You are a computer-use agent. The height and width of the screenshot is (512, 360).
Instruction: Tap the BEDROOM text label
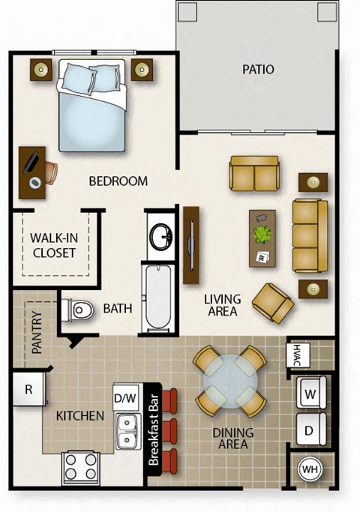pos(118,181)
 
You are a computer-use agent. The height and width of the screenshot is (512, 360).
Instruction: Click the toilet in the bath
pos(77,310)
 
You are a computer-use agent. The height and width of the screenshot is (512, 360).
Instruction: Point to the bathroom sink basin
pos(160,238)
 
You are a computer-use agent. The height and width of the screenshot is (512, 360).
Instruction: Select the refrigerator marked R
pos(28,390)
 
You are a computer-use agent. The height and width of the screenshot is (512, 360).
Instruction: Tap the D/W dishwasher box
pos(124,397)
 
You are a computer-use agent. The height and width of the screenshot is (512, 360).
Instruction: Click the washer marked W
pos(308,391)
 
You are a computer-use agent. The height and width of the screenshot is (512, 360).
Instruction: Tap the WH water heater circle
pos(308,470)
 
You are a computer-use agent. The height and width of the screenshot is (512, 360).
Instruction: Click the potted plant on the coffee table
pos(262,235)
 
